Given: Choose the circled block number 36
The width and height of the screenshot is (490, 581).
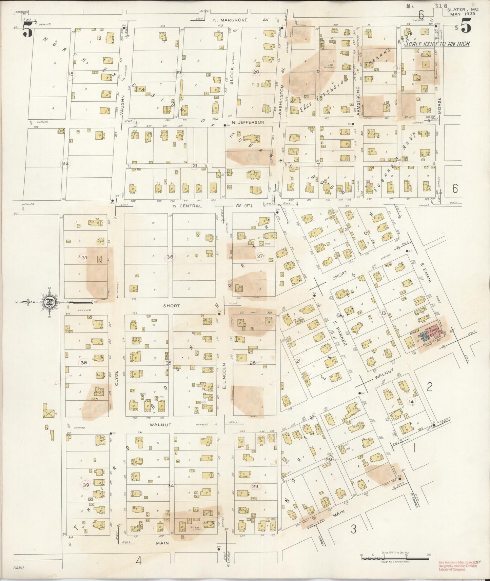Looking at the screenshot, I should (170, 257).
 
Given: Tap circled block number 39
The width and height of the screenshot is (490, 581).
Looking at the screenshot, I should (86, 485).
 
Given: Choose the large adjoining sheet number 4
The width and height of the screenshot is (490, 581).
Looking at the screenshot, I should (138, 562).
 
